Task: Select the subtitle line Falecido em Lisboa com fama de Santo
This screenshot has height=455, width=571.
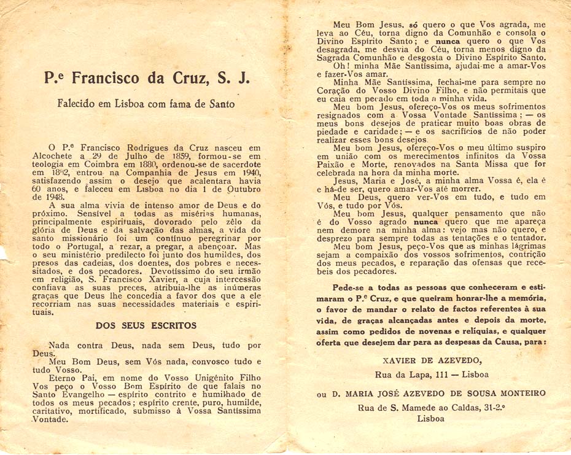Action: point(146,104)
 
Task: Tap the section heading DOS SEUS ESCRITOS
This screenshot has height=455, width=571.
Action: point(146,325)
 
